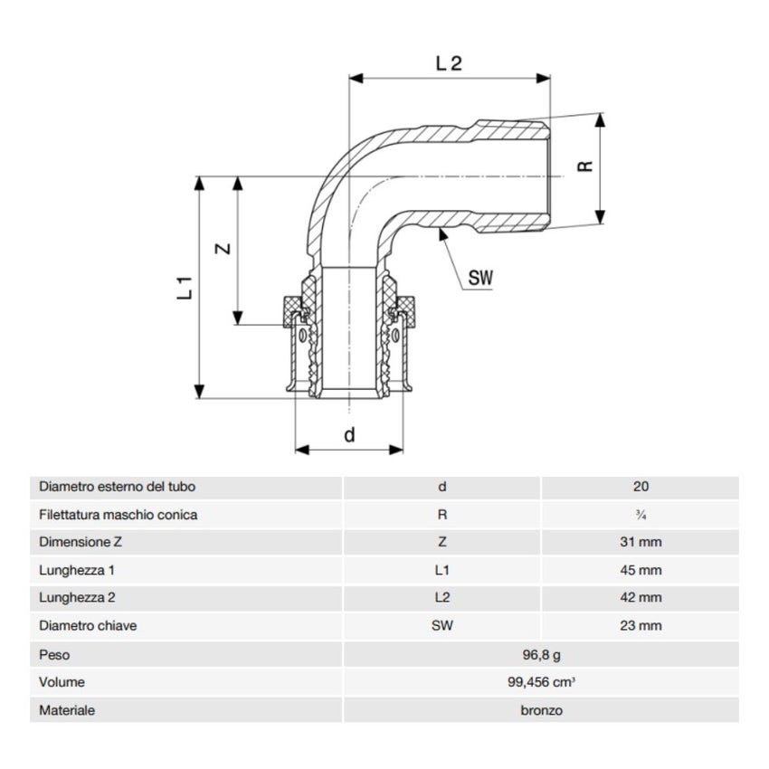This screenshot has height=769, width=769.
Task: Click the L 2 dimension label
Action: coord(450,63)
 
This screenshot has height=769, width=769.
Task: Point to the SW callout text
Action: coord(480,279)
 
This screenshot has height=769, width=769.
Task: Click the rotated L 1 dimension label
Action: coord(185,287)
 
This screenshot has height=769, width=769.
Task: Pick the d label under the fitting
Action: coord(349,434)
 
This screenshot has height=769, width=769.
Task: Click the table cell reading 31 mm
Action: coord(641,543)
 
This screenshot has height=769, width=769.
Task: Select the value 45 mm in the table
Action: coord(641,571)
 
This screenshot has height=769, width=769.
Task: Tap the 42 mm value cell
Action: coord(641,598)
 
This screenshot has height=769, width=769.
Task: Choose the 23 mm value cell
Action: coord(641,626)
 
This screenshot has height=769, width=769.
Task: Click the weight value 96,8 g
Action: coord(541,654)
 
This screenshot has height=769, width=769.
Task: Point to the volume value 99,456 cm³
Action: coord(541,682)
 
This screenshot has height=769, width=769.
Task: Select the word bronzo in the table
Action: coord(541,710)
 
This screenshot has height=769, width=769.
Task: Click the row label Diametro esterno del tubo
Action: coord(118,487)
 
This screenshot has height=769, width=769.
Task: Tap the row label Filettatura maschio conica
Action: coord(119,515)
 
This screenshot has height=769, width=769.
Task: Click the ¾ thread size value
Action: coord(641,515)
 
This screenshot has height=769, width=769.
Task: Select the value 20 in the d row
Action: coord(641,487)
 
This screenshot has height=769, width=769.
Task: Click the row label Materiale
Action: coord(67,710)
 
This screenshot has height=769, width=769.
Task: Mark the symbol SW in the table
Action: coord(441,626)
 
